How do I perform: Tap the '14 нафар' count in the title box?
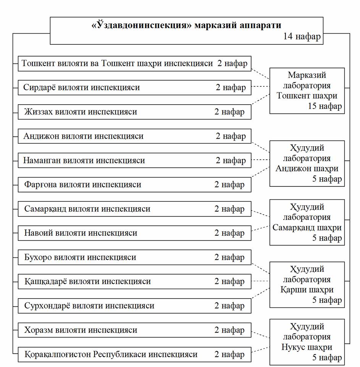[x=302, y=37]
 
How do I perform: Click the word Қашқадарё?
[x=43, y=281]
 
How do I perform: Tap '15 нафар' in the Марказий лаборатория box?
[x=324, y=106]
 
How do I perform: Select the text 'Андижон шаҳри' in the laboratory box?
[x=307, y=168]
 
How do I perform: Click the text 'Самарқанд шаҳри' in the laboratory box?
[x=307, y=228]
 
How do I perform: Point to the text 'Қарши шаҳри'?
[x=307, y=290]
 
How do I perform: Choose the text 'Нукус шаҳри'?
[x=307, y=348]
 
